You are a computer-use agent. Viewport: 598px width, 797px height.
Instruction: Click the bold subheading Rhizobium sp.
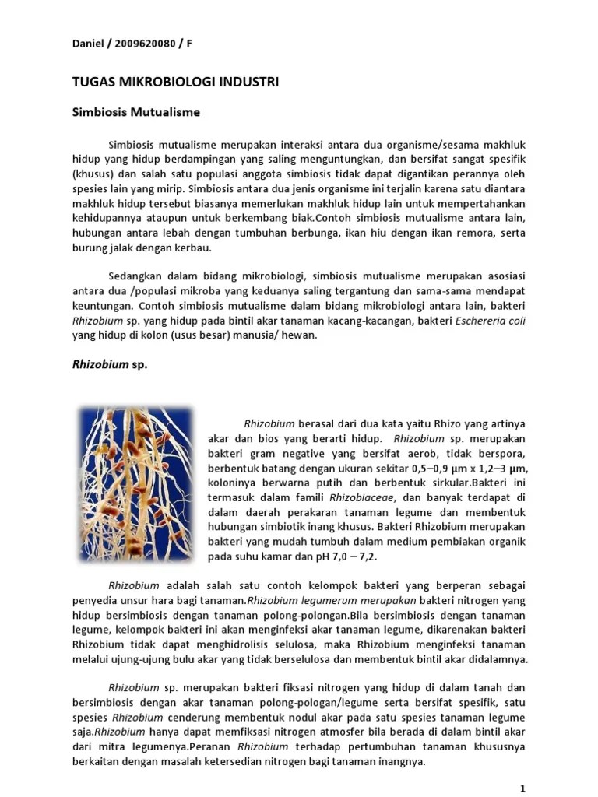110,364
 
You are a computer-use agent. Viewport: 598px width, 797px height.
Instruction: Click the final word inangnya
394,762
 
